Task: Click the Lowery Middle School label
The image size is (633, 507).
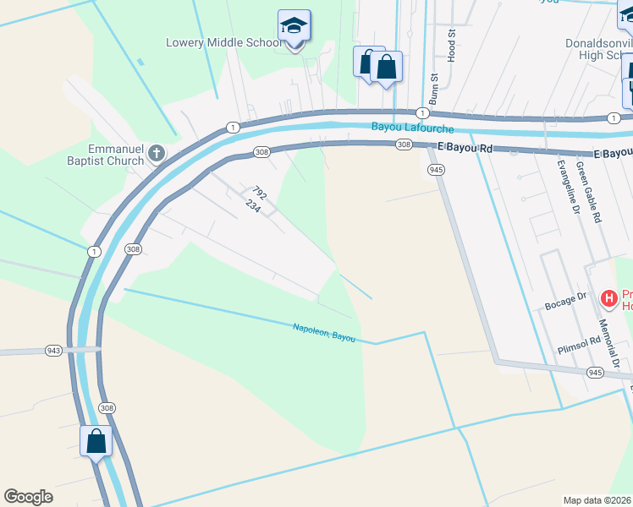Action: click(x=224, y=42)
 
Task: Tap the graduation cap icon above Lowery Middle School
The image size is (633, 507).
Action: click(x=294, y=26)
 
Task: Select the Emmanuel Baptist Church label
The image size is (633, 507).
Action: click(x=108, y=153)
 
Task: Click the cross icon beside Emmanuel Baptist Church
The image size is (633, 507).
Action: click(x=156, y=153)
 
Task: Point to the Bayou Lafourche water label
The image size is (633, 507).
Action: click(x=413, y=128)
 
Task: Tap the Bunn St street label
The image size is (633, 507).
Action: click(x=433, y=88)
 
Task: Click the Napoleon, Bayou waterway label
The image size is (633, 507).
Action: click(x=324, y=332)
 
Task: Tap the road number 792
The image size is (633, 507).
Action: click(x=259, y=194)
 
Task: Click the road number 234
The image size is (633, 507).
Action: click(x=251, y=206)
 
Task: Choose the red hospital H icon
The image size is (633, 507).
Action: click(x=608, y=298)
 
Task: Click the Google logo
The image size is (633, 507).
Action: click(x=28, y=497)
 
